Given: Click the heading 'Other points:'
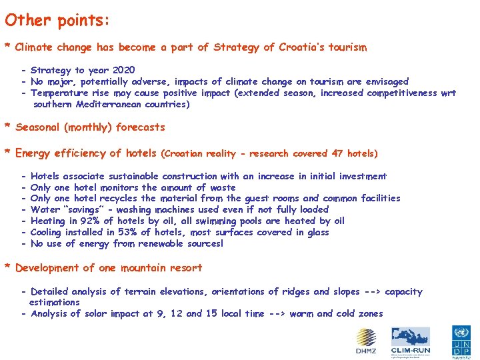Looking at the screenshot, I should coord(57,21).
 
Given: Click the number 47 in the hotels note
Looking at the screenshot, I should coord(337,153).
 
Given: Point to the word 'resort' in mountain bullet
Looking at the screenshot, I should coord(185,268).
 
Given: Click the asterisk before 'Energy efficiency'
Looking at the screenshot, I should coord(7,154).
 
